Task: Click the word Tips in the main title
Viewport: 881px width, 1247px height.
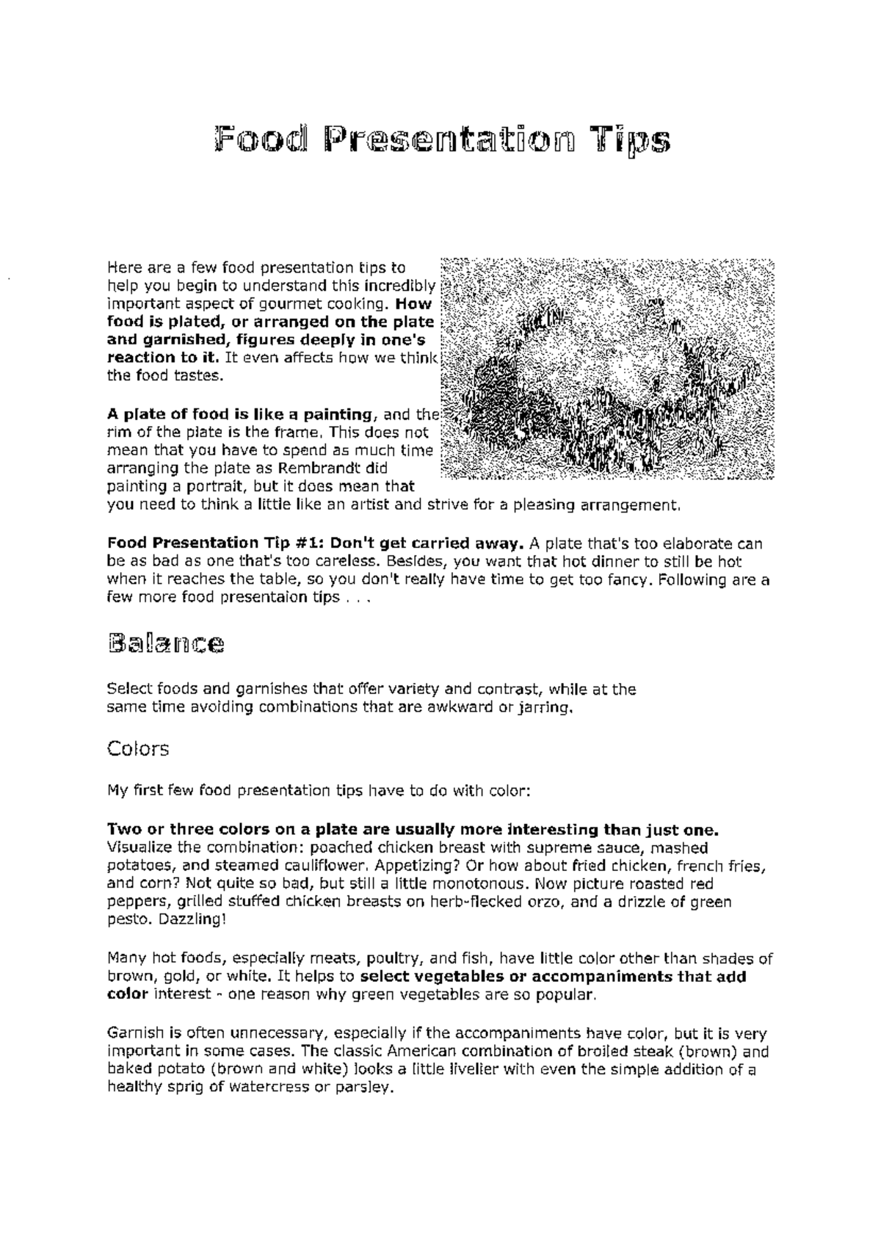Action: pyautogui.click(x=632, y=140)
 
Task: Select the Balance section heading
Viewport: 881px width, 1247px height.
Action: pyautogui.click(x=166, y=643)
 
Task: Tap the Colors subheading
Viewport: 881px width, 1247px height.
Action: pyautogui.click(x=138, y=748)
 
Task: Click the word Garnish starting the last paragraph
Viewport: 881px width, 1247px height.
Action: pyautogui.click(x=134, y=1034)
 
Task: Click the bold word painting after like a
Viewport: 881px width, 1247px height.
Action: pyautogui.click(x=333, y=414)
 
